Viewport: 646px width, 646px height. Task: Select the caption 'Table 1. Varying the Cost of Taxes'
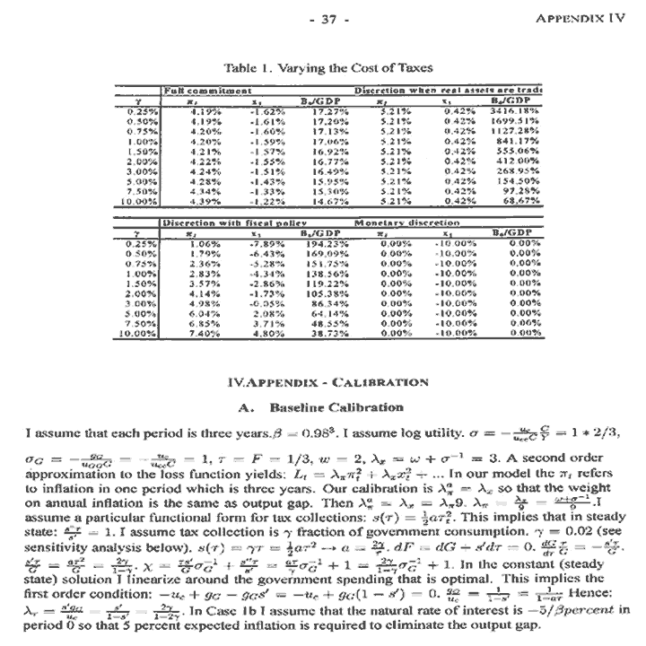[327, 68]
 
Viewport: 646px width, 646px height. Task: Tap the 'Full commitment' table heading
[197, 91]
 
